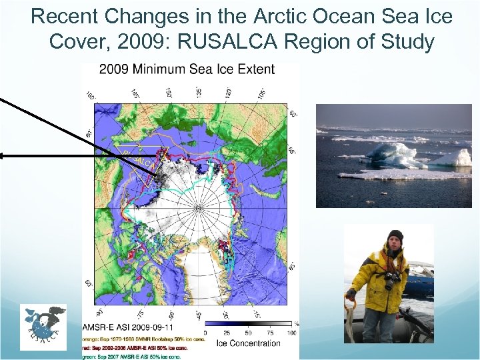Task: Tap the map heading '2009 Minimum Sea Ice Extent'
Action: coord(187,69)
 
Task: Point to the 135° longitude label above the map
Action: coord(199,91)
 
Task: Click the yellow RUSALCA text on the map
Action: coord(140,161)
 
